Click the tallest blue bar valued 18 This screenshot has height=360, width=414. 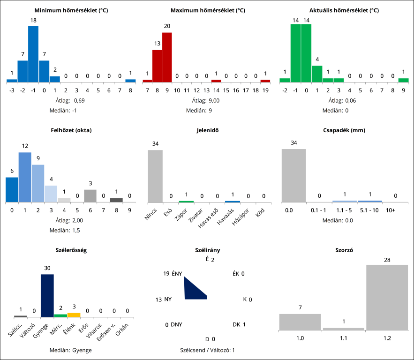[33, 54]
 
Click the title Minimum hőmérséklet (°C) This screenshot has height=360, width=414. [71, 10]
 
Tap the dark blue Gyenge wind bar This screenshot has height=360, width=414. [47, 296]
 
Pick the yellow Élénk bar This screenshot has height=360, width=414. [74, 315]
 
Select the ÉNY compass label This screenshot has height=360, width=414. [177, 274]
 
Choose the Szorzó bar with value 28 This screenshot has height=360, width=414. [387, 298]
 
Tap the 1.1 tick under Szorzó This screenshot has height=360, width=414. [344, 338]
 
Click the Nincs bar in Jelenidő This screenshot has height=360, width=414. [155, 176]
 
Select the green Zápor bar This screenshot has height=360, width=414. [186, 202]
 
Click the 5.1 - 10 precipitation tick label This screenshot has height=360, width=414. [369, 210]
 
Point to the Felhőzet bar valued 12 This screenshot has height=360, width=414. [25, 177]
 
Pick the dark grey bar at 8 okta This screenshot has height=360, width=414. [116, 200]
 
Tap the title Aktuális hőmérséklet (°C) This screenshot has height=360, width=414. [344, 10]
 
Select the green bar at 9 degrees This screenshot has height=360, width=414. [403, 80]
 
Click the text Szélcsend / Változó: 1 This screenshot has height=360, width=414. [207, 350]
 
